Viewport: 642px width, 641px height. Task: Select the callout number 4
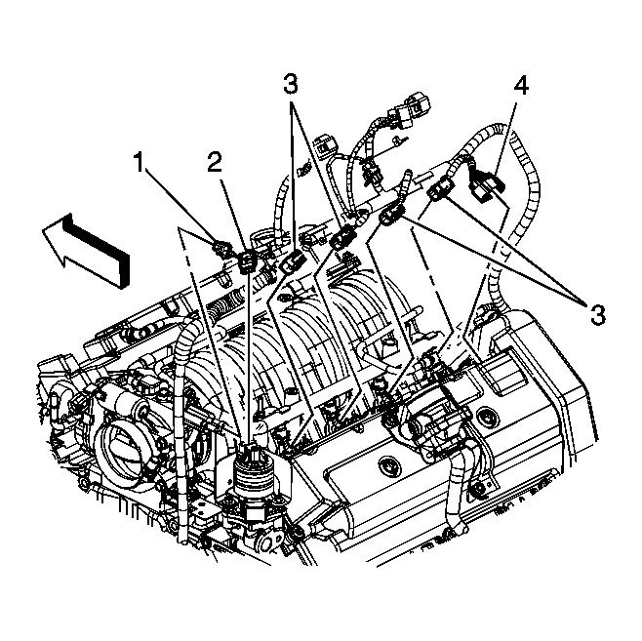(522, 87)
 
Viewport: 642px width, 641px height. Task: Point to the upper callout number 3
(291, 83)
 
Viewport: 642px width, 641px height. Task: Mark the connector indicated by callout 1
(221, 245)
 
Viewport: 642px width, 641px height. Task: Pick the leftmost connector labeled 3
(294, 260)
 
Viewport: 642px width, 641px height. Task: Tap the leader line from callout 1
(183, 205)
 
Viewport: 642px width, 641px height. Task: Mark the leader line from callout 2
(232, 207)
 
